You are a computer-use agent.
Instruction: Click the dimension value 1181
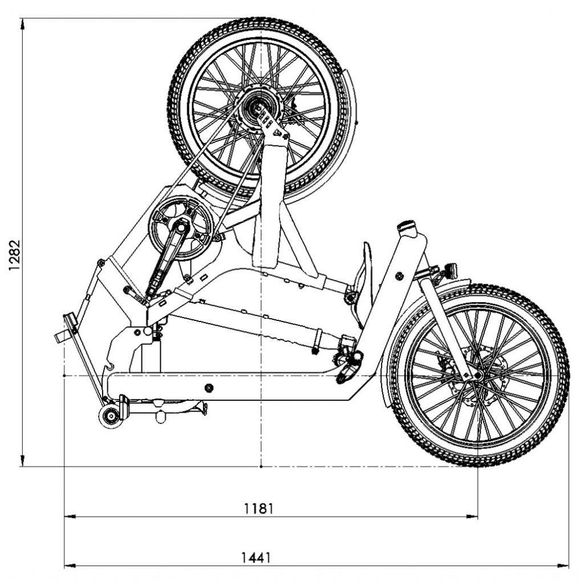coord(258,508)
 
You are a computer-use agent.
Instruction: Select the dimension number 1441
coord(256,558)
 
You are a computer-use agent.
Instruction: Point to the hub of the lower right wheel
coord(477,375)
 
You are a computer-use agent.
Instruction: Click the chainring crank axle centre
coord(181,227)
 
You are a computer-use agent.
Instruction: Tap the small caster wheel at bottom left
coord(110,417)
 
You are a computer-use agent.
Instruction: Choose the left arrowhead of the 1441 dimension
coord(70,566)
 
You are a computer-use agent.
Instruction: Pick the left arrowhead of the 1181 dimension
coord(70,516)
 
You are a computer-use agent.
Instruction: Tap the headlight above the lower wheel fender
coord(452,270)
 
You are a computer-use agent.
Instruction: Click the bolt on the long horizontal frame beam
coord(209,388)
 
